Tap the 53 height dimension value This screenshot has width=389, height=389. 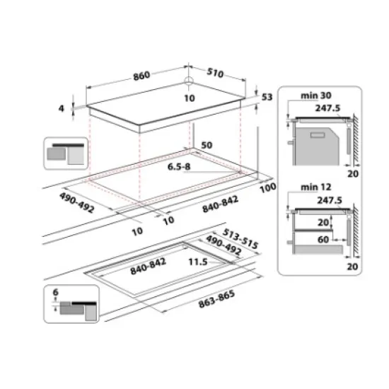tap(266, 97)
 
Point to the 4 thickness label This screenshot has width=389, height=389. tap(62, 108)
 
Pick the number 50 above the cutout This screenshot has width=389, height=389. tap(207, 145)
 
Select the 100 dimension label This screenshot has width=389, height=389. tap(267, 188)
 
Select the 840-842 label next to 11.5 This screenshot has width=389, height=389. tap(148, 269)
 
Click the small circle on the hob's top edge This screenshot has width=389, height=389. tap(189, 81)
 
